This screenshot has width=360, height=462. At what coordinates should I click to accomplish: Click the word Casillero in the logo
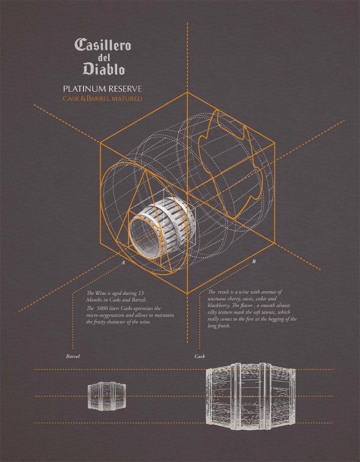click(x=102, y=44)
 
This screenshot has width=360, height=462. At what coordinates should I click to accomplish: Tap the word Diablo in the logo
click(x=104, y=68)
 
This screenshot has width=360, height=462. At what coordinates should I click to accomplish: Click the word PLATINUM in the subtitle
click(x=85, y=88)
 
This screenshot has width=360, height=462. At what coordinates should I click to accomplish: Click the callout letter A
click(x=124, y=262)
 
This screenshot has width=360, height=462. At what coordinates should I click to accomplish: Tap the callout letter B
click(x=254, y=261)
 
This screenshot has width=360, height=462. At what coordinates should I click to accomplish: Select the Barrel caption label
click(x=73, y=356)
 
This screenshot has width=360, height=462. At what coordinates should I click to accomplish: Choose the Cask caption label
click(x=200, y=356)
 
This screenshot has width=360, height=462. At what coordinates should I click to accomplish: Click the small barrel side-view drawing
click(x=107, y=396)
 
